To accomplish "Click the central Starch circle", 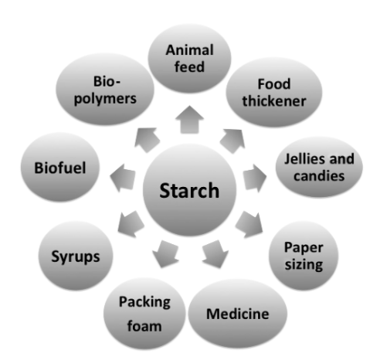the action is [x=189, y=190].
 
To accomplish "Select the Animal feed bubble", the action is [x=189, y=58].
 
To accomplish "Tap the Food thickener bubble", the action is [x=274, y=92].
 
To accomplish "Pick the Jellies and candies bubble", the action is [x=319, y=167].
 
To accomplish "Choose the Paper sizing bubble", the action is [x=304, y=256].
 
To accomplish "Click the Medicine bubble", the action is [x=237, y=314].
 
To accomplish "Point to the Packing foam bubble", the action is [x=144, y=314].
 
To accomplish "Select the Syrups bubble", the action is [x=76, y=256].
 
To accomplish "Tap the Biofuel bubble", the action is [x=60, y=167].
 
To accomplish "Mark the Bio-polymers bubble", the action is [x=105, y=90].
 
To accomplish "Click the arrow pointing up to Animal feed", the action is [x=189, y=120].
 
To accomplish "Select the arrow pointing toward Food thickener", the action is [x=232, y=141].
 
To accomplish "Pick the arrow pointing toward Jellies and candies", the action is [x=254, y=178].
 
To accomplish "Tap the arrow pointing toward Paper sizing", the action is [x=249, y=224].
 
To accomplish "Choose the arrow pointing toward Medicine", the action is [x=215, y=254].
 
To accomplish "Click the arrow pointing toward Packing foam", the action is [x=165, y=254].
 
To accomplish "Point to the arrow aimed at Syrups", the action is [x=131, y=224].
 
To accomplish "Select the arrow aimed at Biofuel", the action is [x=123, y=178].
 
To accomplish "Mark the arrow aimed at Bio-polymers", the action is [x=147, y=140].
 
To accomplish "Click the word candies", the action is [x=319, y=176].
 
